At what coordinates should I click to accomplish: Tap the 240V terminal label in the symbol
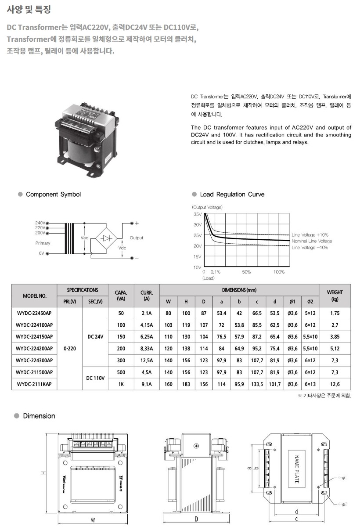pyautogui.click(x=40, y=223)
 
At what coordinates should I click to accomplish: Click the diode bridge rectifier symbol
pyautogui.click(x=106, y=238)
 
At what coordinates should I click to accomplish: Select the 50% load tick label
pyautogui.click(x=246, y=272)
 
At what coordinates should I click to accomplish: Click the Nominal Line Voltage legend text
pyautogui.click(x=312, y=241)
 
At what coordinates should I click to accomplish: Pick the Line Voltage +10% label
pyautogui.click(x=310, y=235)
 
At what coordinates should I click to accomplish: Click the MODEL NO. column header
pyautogui.click(x=34, y=296)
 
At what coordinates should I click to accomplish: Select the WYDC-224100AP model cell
pyautogui.click(x=34, y=325)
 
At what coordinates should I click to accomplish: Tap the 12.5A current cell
pyautogui.click(x=147, y=361)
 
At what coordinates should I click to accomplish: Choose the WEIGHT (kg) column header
pyautogui.click(x=335, y=295)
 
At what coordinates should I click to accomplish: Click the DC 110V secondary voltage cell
pyautogui.click(x=95, y=378)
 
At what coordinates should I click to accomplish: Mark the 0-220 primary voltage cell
pyautogui.click(x=70, y=349)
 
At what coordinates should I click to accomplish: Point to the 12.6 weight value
pyautogui.click(x=335, y=384)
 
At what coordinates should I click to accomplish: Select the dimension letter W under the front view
pyautogui.click(x=93, y=520)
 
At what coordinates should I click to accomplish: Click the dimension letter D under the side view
pyautogui.click(x=196, y=519)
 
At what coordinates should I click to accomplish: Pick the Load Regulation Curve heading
pyautogui.click(x=232, y=195)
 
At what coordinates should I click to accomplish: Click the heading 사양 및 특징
pyautogui.click(x=25, y=9)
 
